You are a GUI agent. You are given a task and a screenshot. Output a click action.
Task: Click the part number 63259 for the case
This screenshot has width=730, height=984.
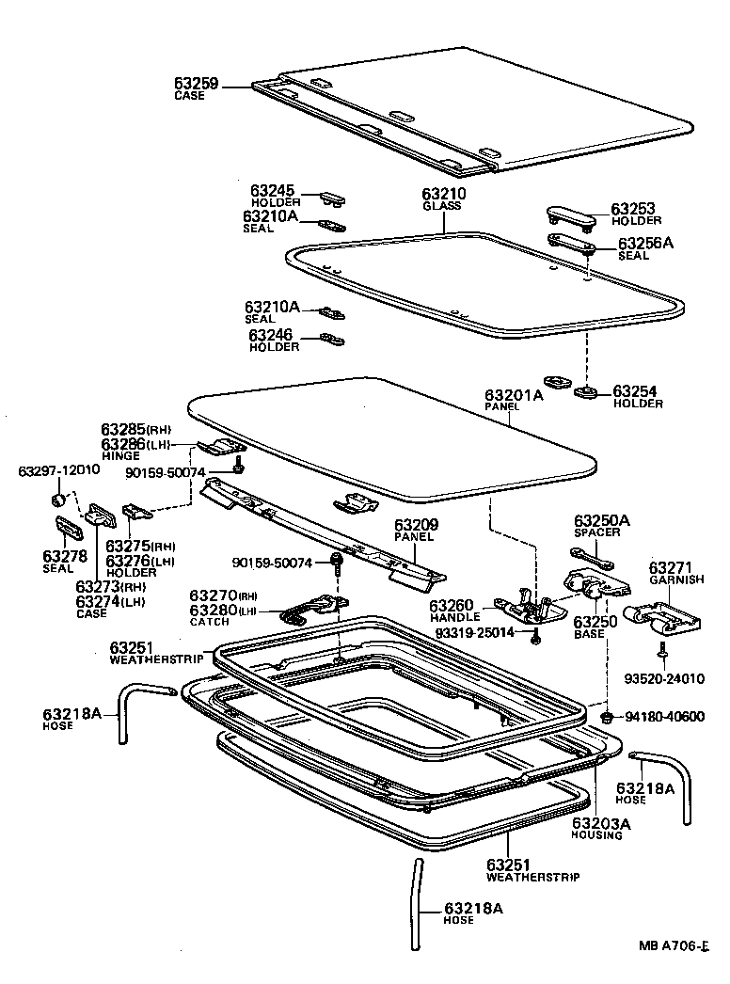(x=196, y=84)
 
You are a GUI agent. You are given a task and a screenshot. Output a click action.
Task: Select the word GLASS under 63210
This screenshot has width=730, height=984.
(x=442, y=206)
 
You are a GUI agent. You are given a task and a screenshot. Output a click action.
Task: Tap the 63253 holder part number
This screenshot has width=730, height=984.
(x=633, y=209)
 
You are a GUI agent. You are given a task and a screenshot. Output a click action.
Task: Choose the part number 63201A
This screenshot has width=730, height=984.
(x=514, y=395)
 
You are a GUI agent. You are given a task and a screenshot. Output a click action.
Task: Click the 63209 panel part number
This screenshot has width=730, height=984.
(x=415, y=525)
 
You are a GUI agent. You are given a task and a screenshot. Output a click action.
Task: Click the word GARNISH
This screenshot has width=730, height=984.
(x=671, y=580)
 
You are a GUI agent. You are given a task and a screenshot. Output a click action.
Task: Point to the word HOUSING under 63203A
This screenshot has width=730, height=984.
(x=597, y=835)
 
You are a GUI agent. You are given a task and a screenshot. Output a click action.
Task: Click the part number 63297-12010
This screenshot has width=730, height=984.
(x=59, y=469)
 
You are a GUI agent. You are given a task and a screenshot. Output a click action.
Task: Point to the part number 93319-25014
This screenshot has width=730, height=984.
(x=475, y=632)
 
